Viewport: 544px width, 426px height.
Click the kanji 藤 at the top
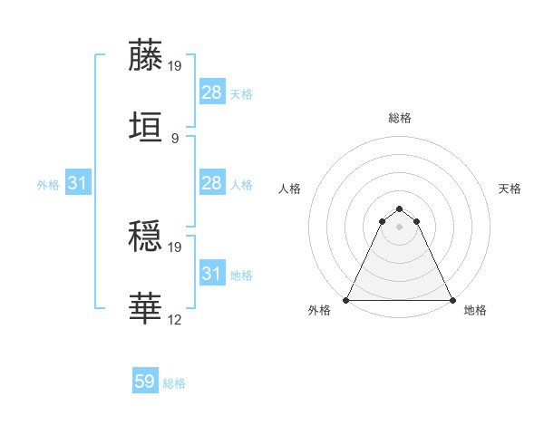(147, 55)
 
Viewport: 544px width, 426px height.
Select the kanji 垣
(147, 126)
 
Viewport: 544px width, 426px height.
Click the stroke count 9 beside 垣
(175, 138)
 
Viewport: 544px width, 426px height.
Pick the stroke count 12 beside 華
(176, 319)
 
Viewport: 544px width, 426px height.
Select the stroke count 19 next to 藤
(176, 66)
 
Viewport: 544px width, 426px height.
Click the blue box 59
(145, 382)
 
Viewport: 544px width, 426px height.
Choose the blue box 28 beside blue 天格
(211, 92)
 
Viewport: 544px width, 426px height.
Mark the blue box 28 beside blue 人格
(211, 183)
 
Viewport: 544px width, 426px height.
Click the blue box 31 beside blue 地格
(211, 274)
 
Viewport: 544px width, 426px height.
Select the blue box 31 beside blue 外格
(78, 183)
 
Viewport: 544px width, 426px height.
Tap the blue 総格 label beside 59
(174, 383)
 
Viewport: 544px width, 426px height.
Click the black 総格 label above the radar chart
(400, 118)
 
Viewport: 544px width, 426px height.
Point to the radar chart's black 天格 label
(510, 189)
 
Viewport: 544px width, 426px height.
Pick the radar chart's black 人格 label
(290, 189)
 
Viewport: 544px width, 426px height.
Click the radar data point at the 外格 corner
(346, 299)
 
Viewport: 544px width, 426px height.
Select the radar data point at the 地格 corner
(452, 299)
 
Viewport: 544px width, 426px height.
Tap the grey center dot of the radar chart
(400, 227)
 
